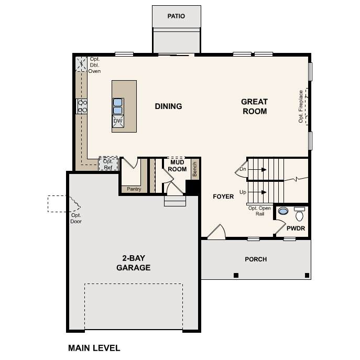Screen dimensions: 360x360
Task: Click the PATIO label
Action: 176,16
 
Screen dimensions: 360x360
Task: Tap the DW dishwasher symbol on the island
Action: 118,122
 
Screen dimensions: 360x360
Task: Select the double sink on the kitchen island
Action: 118,106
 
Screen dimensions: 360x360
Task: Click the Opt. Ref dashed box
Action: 108,163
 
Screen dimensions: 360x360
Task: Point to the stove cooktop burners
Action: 82,106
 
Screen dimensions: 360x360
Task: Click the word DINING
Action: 168,106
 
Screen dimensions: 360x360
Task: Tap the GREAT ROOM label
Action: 255,106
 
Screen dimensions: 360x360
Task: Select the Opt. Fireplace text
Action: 301,106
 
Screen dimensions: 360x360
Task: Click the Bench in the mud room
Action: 195,169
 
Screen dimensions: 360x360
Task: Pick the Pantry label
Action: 134,189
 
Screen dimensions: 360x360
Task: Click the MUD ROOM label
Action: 177,166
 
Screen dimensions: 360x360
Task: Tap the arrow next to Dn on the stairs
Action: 257,170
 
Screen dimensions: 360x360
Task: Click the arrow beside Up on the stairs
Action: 257,192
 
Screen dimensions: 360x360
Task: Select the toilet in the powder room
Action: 299,214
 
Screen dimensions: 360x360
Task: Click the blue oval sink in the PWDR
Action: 283,211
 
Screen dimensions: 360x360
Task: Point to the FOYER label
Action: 223,197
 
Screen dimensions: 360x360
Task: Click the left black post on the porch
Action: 236,275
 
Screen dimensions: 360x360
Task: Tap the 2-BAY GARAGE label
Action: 134,263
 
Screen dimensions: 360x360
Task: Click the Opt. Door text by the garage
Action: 76,219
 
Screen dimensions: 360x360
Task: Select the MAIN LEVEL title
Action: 94,348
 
